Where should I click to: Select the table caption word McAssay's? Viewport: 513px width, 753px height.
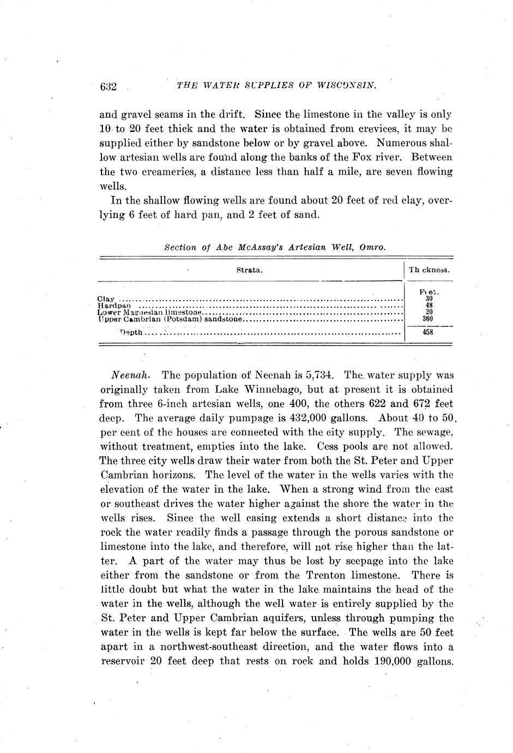coord(255,247)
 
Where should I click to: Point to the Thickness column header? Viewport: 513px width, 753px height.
coord(429,270)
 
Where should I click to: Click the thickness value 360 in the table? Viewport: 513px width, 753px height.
coord(428,319)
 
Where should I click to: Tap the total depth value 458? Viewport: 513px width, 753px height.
coord(428,331)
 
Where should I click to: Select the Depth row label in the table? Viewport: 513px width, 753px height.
coord(131,332)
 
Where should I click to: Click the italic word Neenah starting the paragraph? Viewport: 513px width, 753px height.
coord(127,376)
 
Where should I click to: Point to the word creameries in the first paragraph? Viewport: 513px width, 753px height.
coord(168,172)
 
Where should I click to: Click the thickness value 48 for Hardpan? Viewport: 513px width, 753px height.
coord(428,306)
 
